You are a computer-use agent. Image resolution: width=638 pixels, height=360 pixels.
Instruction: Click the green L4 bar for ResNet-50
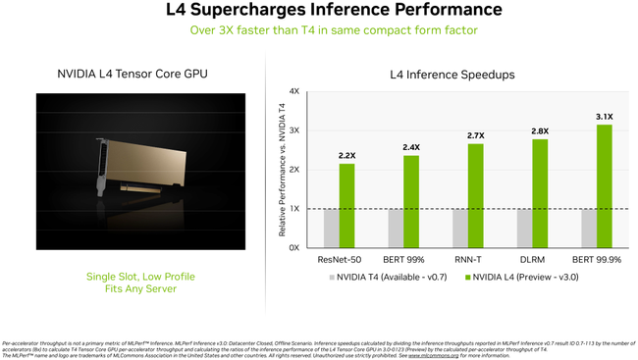coord(346,205)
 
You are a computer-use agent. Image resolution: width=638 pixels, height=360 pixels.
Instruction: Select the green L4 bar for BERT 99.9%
coord(605,186)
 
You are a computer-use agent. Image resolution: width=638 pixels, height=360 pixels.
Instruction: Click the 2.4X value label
coord(411,147)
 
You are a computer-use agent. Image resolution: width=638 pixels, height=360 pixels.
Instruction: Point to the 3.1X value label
coord(605,116)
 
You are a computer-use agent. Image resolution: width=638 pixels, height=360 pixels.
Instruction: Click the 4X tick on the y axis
coord(293,91)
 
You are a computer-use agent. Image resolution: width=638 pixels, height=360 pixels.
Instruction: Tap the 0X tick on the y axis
coord(293,247)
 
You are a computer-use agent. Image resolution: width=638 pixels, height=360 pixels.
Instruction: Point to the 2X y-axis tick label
coord(293,170)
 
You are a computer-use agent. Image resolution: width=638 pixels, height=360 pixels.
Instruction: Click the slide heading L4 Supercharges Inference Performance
coord(319,11)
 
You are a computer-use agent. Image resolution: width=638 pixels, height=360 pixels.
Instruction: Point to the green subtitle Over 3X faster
coord(319,29)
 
